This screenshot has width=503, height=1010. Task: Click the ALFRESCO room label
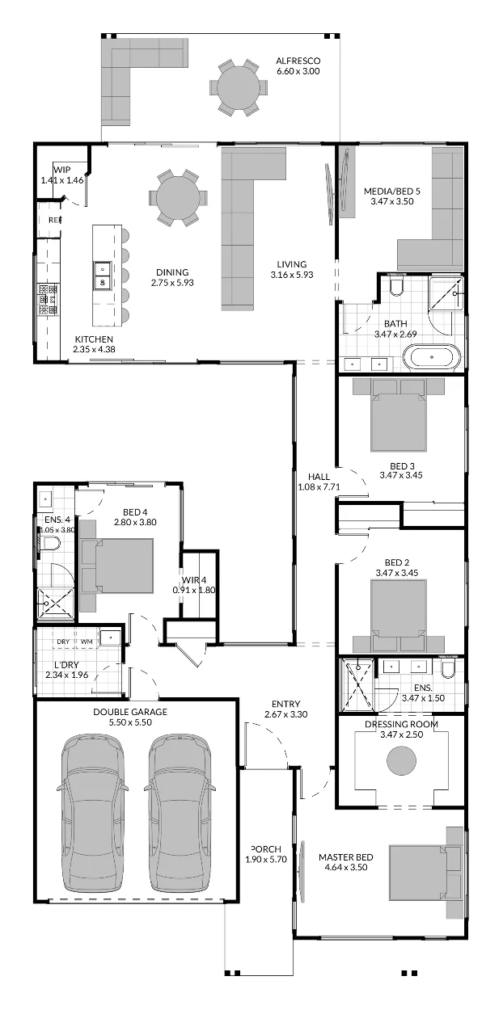(298, 61)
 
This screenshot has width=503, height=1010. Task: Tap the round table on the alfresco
(239, 87)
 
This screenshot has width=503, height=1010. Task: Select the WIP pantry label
(62, 170)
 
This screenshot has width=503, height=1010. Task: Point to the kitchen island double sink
(103, 276)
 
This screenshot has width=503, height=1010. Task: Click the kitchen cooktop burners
(49, 298)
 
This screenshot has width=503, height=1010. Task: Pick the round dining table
(178, 197)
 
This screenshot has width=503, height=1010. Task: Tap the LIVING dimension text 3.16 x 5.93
(292, 275)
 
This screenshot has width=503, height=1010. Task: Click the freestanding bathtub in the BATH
(432, 358)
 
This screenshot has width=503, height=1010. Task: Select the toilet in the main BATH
(396, 287)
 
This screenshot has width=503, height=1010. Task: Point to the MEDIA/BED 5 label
(392, 191)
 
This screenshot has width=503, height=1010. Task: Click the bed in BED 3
(399, 415)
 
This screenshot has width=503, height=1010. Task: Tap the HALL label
(319, 477)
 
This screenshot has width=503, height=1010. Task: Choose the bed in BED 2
(399, 616)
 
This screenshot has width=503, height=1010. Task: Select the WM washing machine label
(87, 642)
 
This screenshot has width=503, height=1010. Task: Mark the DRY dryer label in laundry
(63, 642)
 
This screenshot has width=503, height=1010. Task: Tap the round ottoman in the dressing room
(401, 760)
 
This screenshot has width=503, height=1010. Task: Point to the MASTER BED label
(345, 857)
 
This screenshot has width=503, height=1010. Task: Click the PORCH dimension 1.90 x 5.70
(266, 860)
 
